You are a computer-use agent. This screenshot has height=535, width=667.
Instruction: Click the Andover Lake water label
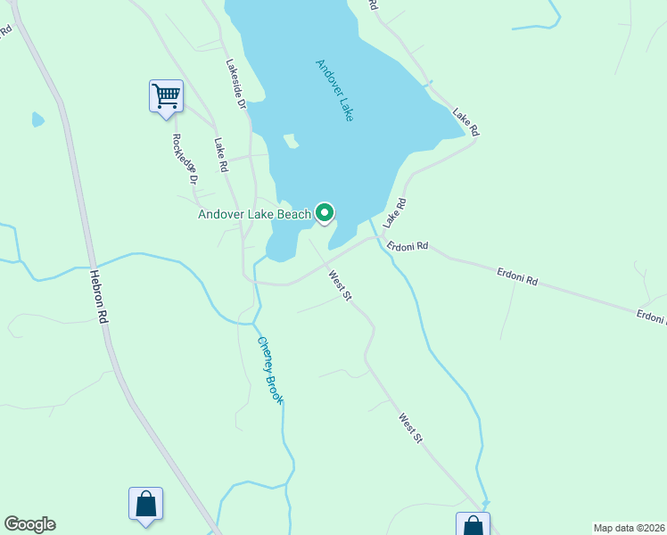tap(334, 90)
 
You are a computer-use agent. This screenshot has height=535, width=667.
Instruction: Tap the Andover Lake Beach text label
tap(255, 214)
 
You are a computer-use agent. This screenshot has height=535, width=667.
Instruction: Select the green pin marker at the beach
tap(325, 212)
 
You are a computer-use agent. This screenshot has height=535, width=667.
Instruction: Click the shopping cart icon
tap(166, 95)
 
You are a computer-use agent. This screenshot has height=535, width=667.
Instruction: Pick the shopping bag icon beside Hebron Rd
tap(145, 504)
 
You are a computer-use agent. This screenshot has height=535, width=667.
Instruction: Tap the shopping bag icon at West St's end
tap(473, 526)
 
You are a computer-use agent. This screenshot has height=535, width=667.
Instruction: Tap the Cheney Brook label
tap(269, 370)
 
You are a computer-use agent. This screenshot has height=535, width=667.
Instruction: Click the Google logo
tap(29, 524)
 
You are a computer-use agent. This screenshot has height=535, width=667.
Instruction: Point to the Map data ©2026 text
tap(629, 527)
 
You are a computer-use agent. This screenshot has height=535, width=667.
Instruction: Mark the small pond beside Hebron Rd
tap(37, 119)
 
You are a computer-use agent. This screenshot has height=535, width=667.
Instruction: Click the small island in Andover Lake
tap(290, 141)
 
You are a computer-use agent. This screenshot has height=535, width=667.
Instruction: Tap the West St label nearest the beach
tap(340, 285)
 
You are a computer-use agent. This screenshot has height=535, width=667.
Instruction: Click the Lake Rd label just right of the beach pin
tap(394, 211)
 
